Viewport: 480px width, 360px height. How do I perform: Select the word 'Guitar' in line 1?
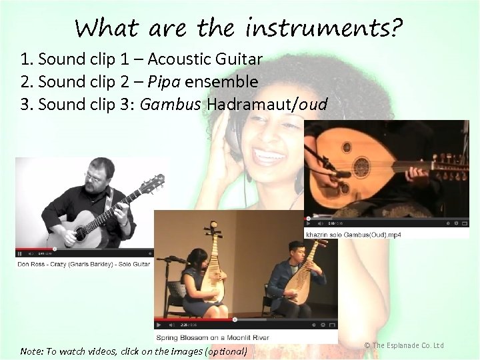[238, 59]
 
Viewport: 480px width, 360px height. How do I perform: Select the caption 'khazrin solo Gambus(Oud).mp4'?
[353, 235]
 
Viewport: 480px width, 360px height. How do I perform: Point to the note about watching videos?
[133, 351]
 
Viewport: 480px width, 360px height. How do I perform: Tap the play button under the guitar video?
[20, 253]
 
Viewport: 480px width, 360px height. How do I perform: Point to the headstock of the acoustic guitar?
[155, 181]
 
